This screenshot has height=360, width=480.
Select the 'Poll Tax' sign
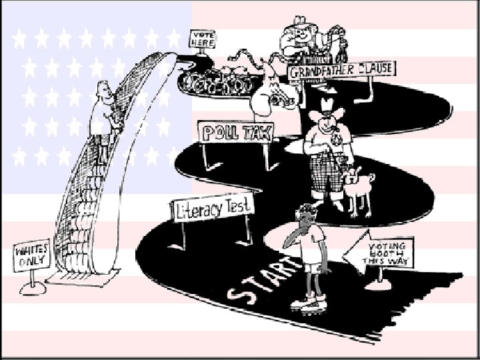tap(237, 131)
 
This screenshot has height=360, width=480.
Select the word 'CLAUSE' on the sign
tap(370, 68)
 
